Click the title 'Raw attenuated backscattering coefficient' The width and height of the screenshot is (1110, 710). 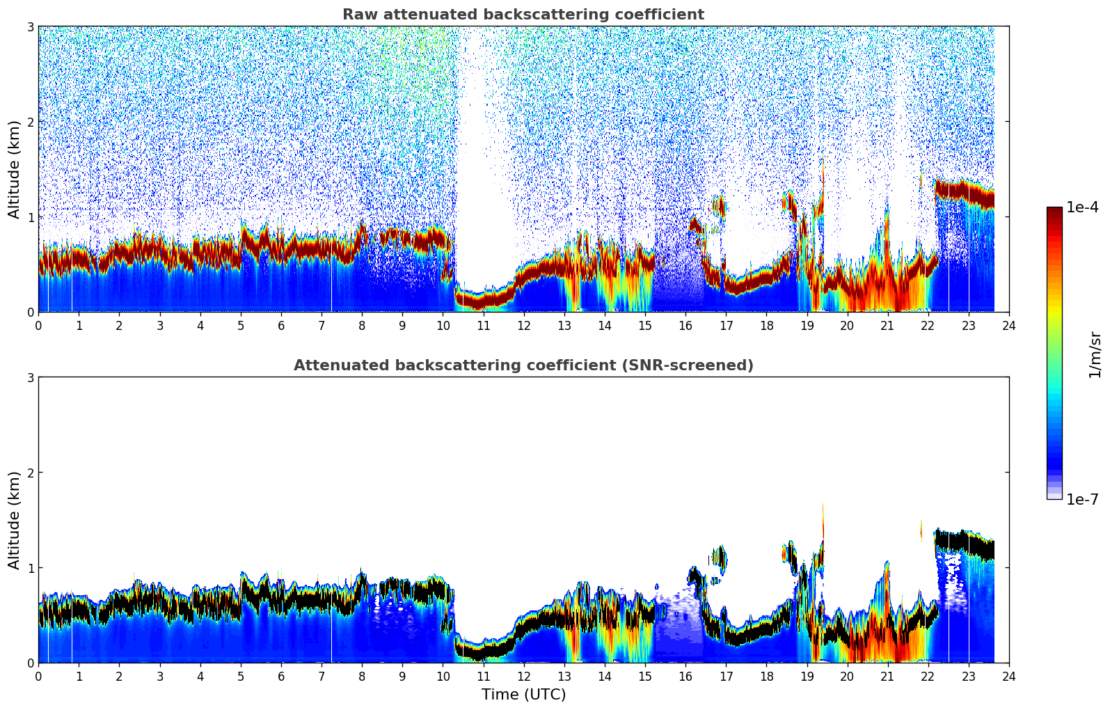coord(523,15)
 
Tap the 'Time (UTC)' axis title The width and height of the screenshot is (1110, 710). coord(523,694)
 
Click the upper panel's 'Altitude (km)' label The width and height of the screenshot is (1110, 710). coord(14,169)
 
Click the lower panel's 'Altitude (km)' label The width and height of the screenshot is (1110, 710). coord(14,520)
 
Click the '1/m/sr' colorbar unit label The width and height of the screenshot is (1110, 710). coord(1094,354)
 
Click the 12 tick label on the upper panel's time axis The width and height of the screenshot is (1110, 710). coord(523,326)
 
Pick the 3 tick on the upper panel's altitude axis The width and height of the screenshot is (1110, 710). coord(31,26)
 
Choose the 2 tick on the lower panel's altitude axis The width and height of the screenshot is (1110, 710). coord(31,473)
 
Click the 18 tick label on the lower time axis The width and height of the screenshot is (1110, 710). coord(766,677)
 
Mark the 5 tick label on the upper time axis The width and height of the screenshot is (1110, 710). coord(241,326)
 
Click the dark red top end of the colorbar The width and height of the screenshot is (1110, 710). coord(1054,210)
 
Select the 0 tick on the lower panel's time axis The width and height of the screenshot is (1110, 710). coord(38,677)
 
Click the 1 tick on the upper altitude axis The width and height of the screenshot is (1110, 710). coord(31,217)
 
